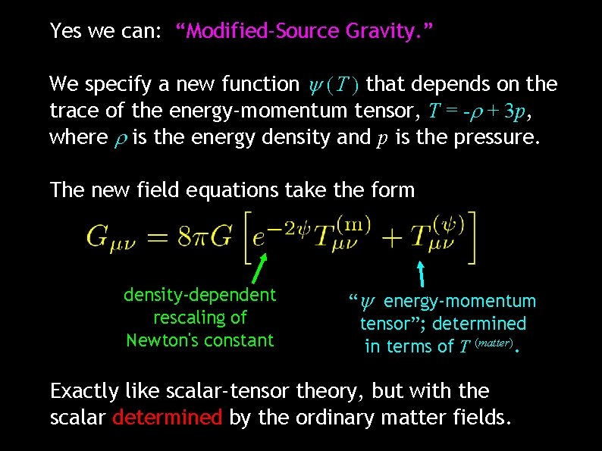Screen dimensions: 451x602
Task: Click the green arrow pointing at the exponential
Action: click(259, 268)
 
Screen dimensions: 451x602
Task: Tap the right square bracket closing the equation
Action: click(472, 237)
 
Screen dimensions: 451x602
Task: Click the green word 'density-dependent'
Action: click(200, 294)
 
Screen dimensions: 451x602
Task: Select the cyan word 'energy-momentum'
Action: click(459, 302)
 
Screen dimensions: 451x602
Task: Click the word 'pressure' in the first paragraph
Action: click(498, 138)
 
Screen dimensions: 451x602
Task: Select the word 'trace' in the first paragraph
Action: click(71, 111)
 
